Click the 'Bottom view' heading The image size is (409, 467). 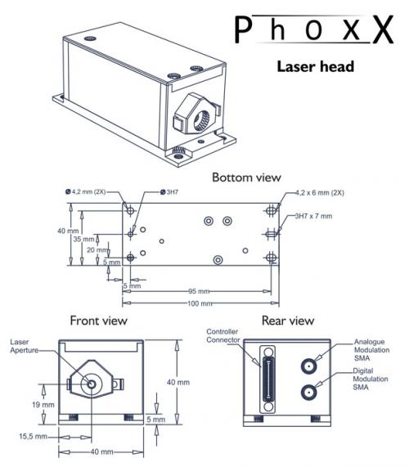(246, 177)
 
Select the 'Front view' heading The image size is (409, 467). (98, 320)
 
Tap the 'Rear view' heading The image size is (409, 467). (287, 320)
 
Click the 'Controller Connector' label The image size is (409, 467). (222, 337)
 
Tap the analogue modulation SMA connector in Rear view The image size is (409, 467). (311, 366)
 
